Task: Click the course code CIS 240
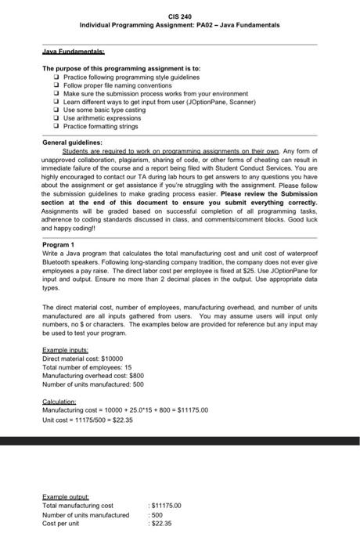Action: (x=179, y=16)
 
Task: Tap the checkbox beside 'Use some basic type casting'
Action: (x=58, y=110)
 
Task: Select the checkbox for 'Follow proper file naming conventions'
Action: (x=58, y=86)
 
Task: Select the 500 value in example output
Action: (x=159, y=515)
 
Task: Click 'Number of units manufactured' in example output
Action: (x=85, y=515)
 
